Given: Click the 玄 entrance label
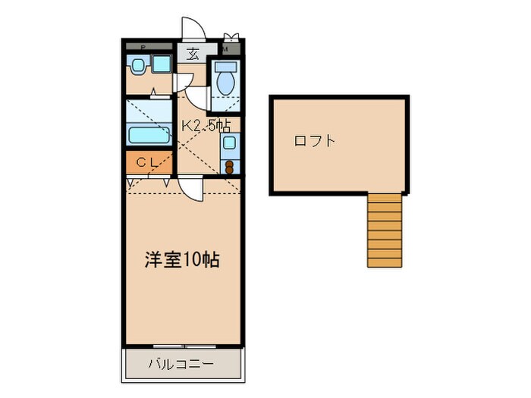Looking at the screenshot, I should [193, 54].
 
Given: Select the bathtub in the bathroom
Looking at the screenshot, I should [149, 136].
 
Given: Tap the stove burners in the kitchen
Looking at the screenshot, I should [229, 165].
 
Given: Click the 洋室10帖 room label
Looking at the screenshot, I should [182, 259].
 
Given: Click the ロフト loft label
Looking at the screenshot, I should [315, 141].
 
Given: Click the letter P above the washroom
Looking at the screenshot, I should [143, 47].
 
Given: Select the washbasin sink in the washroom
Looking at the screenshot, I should [138, 66].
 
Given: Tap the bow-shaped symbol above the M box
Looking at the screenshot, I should [231, 35].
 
